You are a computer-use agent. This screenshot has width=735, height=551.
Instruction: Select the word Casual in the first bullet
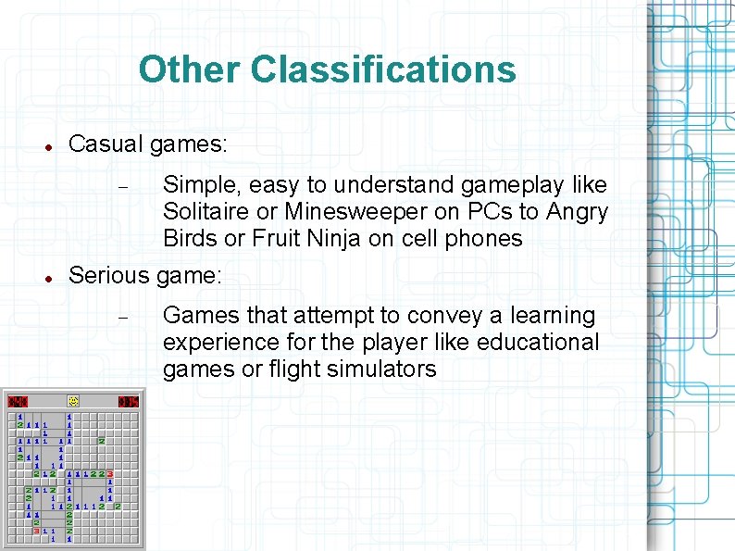point(103,144)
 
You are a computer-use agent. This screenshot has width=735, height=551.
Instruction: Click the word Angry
point(577,212)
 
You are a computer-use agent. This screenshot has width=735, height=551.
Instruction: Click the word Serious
point(109,275)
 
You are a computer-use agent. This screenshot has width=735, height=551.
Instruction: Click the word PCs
point(500,212)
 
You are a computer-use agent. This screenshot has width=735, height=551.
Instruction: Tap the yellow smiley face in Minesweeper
point(72,401)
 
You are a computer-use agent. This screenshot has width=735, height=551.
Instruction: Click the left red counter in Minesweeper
point(19,401)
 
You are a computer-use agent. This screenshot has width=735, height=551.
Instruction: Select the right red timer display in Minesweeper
point(128,401)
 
